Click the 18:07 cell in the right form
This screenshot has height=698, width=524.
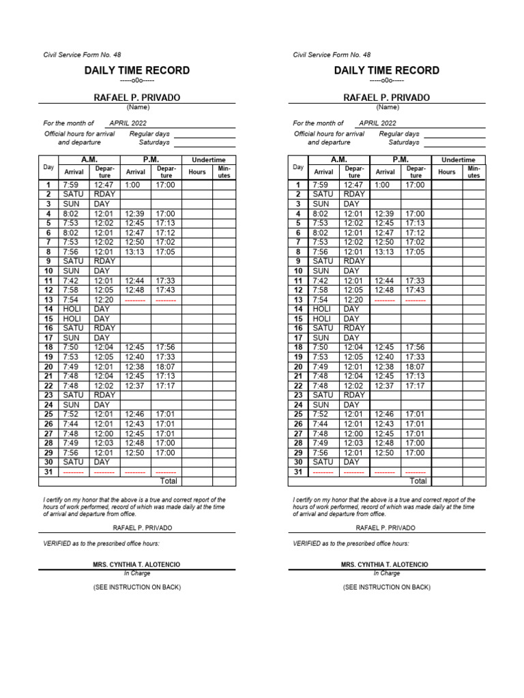click(415, 366)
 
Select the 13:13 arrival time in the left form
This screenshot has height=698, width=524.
click(134, 252)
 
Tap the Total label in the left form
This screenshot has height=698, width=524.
click(168, 481)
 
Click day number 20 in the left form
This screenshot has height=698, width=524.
click(48, 366)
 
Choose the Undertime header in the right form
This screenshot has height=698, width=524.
click(458, 160)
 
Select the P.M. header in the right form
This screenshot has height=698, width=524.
click(400, 160)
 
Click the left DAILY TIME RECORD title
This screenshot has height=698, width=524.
click(137, 70)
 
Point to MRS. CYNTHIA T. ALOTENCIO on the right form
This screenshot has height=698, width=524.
click(386, 565)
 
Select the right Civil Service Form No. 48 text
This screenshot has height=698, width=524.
click(332, 55)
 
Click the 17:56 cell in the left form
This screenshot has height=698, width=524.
click(165, 347)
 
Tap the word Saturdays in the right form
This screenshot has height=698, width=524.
click(404, 142)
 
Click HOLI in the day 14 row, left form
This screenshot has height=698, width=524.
click(72, 309)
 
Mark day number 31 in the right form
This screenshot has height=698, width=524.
click(298, 471)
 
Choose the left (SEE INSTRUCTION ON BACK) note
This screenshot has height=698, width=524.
click(137, 587)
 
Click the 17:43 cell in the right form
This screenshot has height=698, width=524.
click(415, 290)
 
